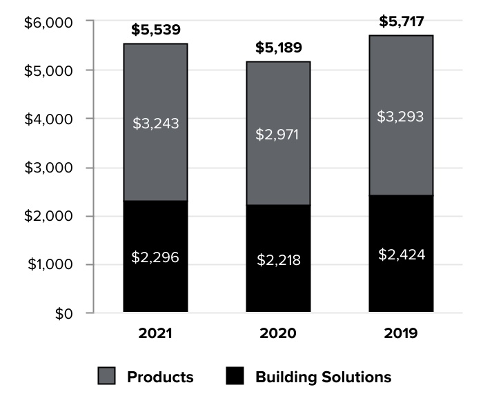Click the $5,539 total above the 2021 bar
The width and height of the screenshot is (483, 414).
[x=155, y=30]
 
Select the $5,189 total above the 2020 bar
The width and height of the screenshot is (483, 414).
[x=278, y=48]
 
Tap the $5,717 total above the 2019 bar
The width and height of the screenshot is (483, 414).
[x=401, y=21]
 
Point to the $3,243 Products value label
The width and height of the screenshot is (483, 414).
[x=155, y=124]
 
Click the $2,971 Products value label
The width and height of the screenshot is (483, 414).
[x=277, y=134]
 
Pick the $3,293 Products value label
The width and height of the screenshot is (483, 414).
[x=400, y=116]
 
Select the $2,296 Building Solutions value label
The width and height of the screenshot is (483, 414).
[x=155, y=257]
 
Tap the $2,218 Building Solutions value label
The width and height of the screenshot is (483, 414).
[x=278, y=260]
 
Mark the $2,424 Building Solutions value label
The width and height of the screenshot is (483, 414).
[x=401, y=254]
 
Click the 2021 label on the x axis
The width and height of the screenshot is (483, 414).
[x=155, y=334]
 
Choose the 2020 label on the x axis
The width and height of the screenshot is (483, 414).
[x=278, y=334]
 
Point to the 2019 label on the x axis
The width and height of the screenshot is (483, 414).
[x=401, y=334]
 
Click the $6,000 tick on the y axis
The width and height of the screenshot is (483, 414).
[x=48, y=22]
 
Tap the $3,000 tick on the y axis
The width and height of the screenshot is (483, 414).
[x=48, y=168]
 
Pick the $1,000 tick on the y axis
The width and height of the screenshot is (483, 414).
[x=48, y=265]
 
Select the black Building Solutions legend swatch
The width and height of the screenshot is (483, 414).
[x=235, y=377]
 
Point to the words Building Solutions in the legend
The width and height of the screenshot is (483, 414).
[x=323, y=377]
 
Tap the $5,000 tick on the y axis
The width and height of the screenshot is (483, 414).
[x=48, y=70]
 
